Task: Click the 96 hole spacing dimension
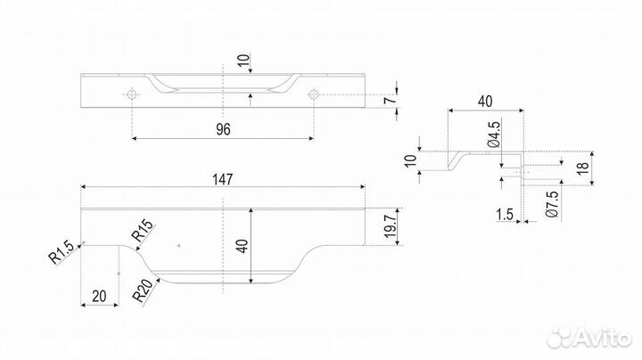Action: point(223,129)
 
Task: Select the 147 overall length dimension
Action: point(223,179)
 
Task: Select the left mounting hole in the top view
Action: point(132,93)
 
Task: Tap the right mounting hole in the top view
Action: point(314,93)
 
